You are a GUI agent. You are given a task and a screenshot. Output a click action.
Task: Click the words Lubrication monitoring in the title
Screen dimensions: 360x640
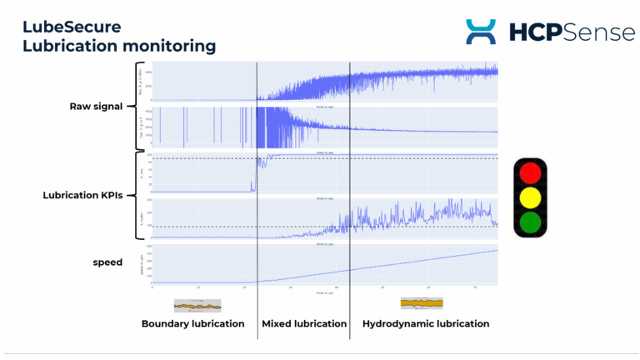tap(118, 46)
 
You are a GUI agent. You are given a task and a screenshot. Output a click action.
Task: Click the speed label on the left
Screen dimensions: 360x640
tap(107, 262)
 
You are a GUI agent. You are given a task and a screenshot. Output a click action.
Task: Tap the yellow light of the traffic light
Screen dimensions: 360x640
tap(530, 198)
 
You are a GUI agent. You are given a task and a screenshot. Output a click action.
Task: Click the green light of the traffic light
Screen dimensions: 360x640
tap(530, 222)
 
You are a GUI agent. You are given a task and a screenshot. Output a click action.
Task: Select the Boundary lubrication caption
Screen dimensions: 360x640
tap(192, 323)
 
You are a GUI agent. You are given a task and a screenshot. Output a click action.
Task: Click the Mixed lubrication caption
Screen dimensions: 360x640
tap(303, 323)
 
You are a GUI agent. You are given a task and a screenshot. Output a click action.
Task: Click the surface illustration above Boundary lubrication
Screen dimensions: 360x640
tap(197, 305)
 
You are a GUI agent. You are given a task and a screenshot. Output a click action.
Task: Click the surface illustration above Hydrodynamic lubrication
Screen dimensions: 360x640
tap(421, 303)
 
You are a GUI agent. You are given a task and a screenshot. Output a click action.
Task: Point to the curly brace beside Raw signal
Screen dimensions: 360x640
tap(133, 107)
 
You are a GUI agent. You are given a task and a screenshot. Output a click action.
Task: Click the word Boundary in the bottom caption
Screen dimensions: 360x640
tap(167, 323)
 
